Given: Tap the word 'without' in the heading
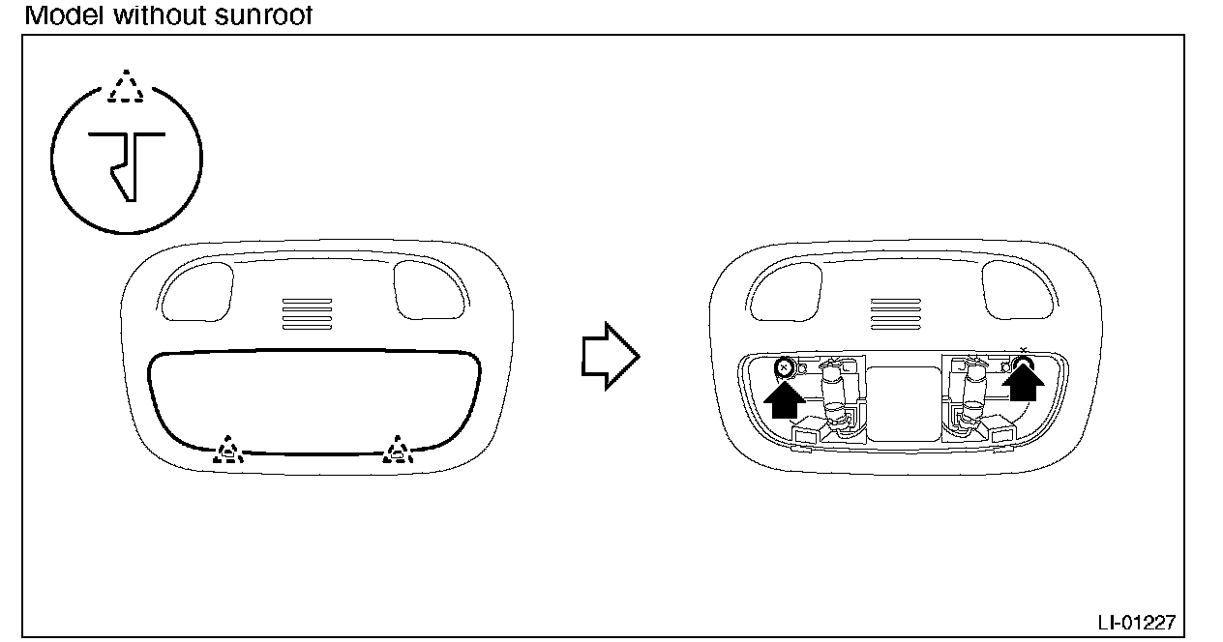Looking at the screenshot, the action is click(x=153, y=15).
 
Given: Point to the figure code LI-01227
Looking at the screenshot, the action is click(x=1137, y=621).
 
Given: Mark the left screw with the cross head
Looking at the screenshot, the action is click(x=785, y=367).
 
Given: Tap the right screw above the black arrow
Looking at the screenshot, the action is click(x=1023, y=364).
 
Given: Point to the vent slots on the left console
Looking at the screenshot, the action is click(x=307, y=313).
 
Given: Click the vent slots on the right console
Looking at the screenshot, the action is click(x=895, y=313).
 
